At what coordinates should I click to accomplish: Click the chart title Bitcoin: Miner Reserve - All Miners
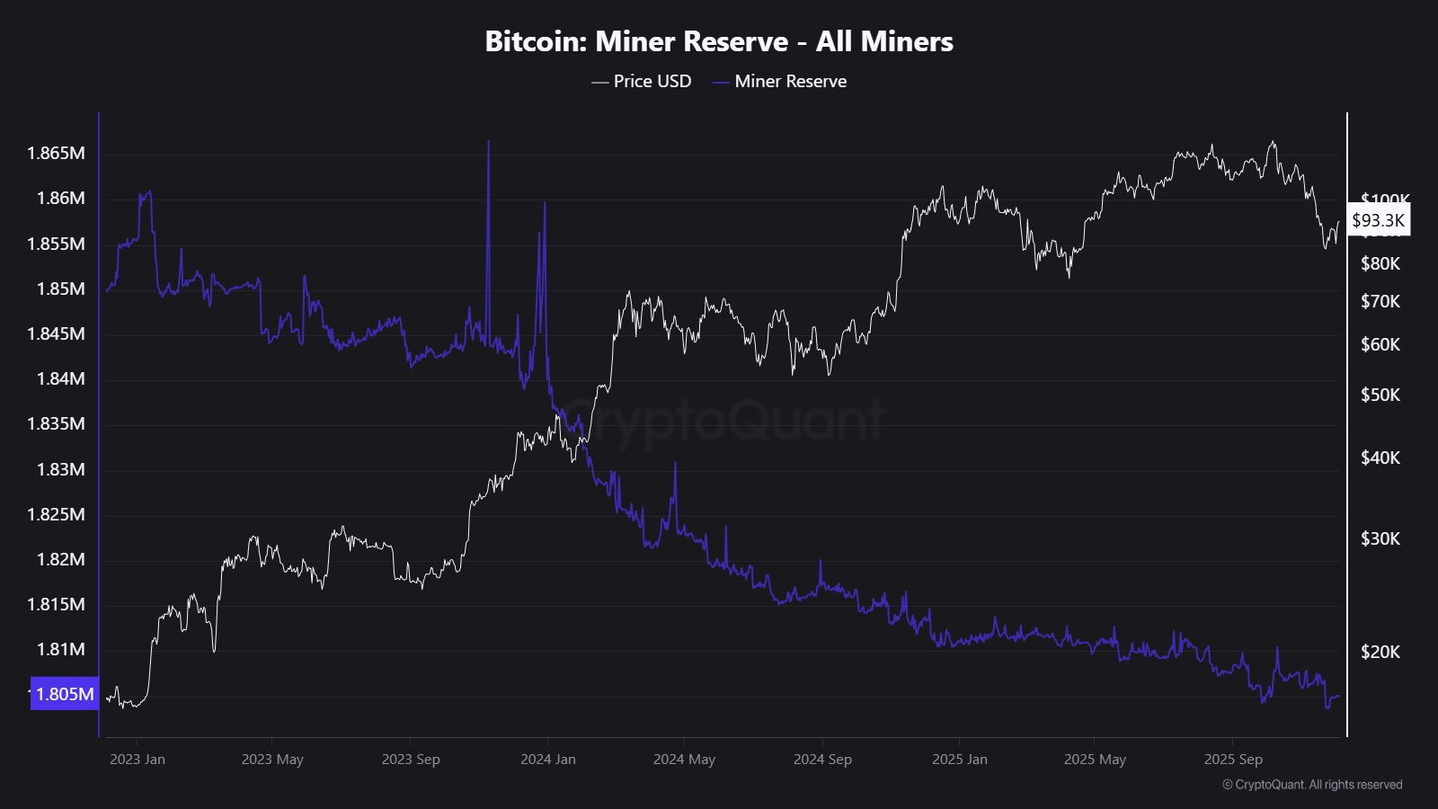coord(719,41)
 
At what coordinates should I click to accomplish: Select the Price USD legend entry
coord(642,81)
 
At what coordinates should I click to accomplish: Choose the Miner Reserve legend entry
coord(780,81)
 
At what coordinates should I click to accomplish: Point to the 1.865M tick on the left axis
coord(57,153)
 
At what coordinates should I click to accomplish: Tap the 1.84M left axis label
coord(61,378)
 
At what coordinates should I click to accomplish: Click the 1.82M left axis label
coord(61,559)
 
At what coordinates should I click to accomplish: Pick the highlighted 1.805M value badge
coord(65,694)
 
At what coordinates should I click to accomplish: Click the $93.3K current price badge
coord(1378,220)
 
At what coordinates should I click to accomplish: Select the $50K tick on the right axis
coord(1380,395)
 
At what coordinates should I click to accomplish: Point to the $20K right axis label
coord(1380,652)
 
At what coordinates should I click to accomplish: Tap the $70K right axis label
coord(1380,301)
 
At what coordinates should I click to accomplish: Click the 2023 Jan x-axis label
coord(138,760)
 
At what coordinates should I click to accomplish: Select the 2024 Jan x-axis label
coord(548,760)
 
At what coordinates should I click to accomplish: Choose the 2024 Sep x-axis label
coord(822,760)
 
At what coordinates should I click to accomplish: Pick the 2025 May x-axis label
coord(1095,760)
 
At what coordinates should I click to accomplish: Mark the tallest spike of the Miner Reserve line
coord(488,143)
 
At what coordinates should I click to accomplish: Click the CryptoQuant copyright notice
coord(1312,785)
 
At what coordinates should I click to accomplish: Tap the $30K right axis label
coord(1380,538)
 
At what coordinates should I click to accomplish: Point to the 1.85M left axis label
coord(61,289)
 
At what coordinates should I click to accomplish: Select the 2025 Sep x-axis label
coord(1233,760)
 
